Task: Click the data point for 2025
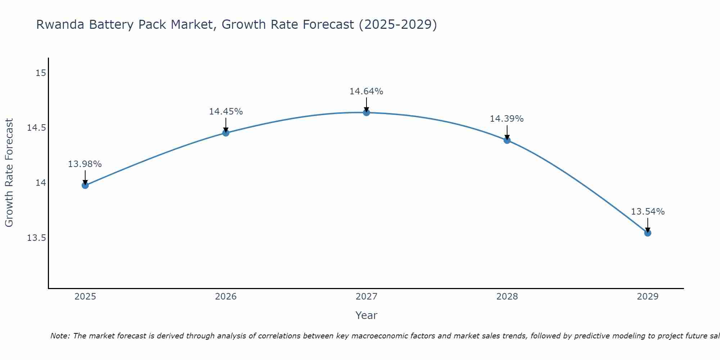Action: [x=85, y=185]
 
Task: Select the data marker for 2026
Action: [x=226, y=133]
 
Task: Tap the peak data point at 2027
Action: [x=366, y=113]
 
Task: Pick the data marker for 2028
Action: [x=507, y=140]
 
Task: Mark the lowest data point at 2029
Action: [x=648, y=233]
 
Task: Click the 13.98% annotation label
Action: [x=85, y=164]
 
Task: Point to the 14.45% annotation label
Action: [x=226, y=112]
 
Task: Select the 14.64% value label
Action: [x=366, y=91]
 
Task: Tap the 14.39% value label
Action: [x=507, y=119]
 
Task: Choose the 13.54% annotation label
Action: [x=648, y=212]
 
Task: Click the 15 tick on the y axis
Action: [x=41, y=73]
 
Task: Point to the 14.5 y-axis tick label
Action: [x=37, y=128]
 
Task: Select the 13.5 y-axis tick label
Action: [x=37, y=238]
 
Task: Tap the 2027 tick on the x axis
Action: [x=366, y=297]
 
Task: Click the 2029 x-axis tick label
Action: [x=648, y=297]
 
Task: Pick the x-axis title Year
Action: [x=366, y=315]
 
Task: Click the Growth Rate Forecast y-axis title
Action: [x=9, y=173]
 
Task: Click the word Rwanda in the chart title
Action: [x=60, y=25]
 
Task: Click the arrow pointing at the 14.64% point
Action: [x=366, y=105]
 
